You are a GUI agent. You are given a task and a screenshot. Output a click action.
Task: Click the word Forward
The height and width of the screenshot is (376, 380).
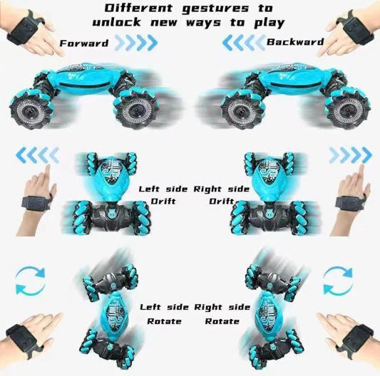point(84,43)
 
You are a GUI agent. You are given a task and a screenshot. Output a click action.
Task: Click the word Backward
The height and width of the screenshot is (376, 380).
point(295,42)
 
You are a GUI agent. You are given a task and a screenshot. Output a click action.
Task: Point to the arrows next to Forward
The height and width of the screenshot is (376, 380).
point(135,43)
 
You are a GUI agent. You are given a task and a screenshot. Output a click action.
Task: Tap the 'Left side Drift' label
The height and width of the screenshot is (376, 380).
point(163,195)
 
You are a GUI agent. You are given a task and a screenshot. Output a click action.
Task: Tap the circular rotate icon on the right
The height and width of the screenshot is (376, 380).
point(340,280)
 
